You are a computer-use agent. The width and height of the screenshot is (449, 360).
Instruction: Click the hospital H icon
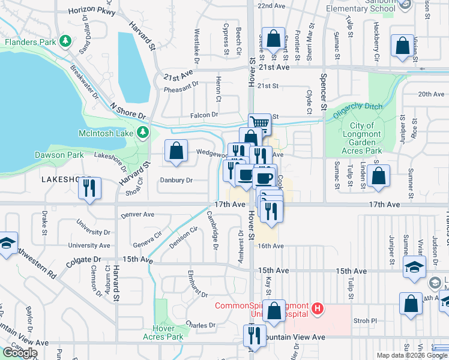(x=318, y=310)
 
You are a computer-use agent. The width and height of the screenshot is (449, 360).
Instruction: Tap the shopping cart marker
(x=259, y=124)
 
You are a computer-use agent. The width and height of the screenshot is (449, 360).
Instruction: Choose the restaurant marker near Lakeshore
(x=89, y=188)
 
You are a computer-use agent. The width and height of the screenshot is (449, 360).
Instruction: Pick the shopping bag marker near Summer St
(x=378, y=176)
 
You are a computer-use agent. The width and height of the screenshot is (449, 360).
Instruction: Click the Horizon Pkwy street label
(x=91, y=11)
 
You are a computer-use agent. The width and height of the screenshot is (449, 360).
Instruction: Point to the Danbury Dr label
(x=176, y=180)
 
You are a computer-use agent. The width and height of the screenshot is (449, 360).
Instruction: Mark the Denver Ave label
(x=137, y=214)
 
